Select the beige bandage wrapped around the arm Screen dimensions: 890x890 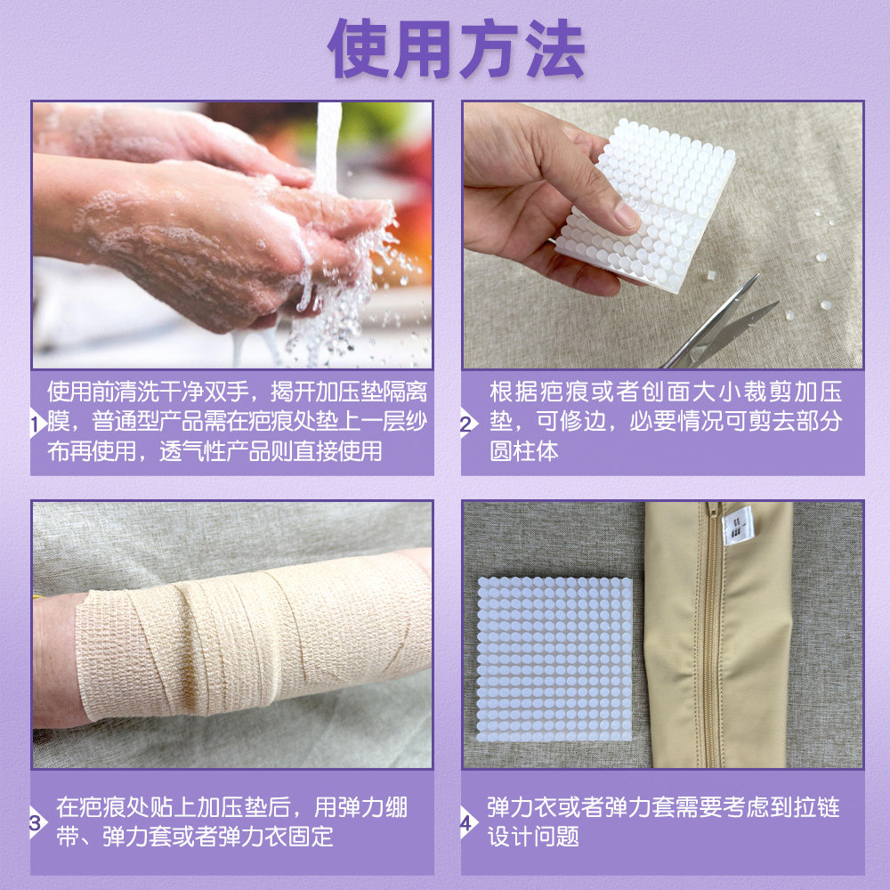[249, 636]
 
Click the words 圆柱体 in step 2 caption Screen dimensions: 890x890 [524, 450]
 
